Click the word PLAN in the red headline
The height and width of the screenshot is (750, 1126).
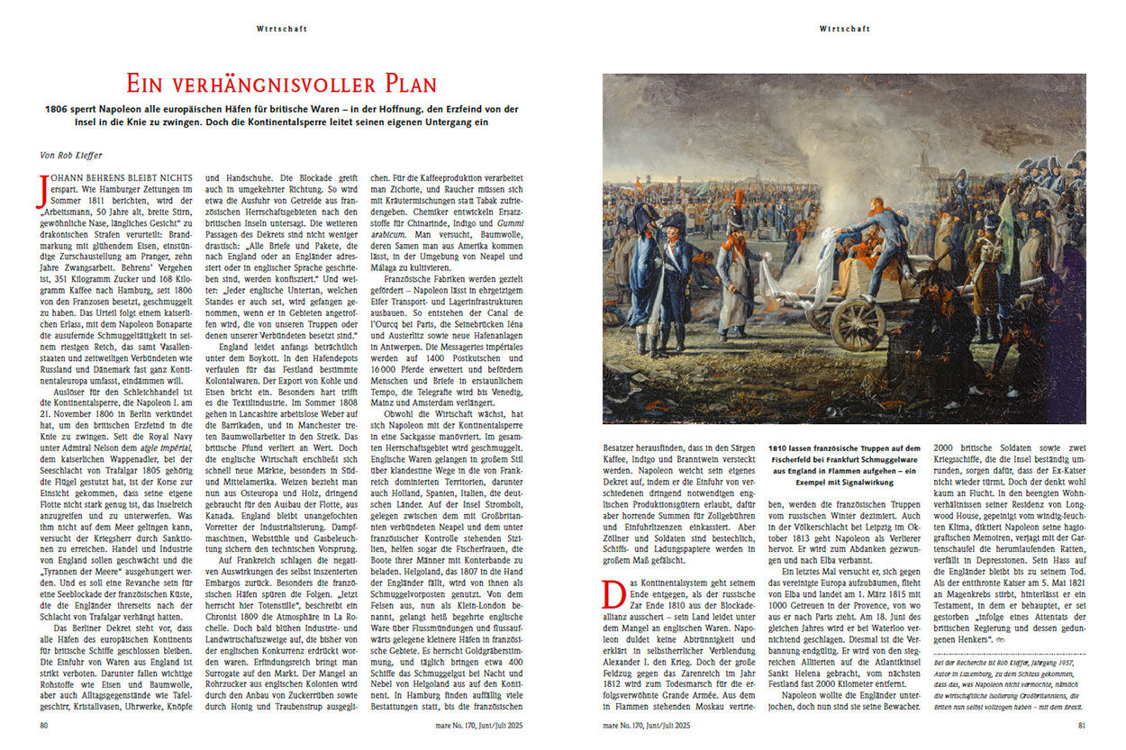(403, 85)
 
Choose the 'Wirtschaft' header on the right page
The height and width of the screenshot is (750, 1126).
(844, 29)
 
